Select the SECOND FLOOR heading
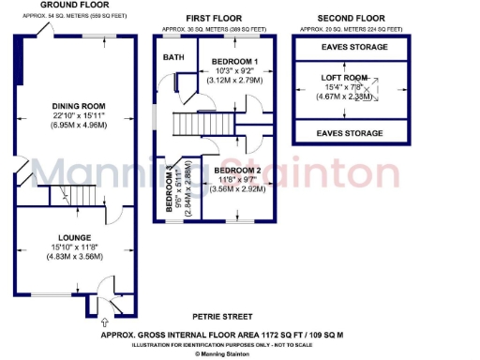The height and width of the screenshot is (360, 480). click(x=352, y=18)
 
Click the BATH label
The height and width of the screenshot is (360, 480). click(x=174, y=57)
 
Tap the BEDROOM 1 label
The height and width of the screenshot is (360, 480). click(x=234, y=62)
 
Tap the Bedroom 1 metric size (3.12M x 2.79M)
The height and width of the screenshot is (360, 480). click(x=234, y=81)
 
